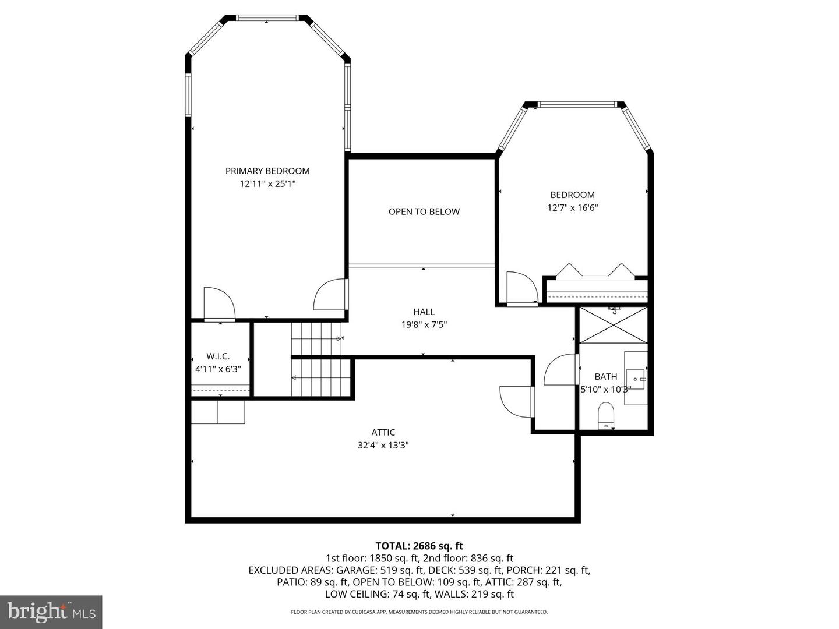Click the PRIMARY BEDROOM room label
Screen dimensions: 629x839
click(267, 171)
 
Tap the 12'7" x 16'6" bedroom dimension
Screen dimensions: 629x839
click(572, 207)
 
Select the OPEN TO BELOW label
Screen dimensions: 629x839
click(424, 211)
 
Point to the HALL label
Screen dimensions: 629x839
click(424, 312)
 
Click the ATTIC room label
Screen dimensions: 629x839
click(383, 432)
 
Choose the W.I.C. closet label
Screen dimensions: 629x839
click(218, 356)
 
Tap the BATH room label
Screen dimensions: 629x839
click(606, 376)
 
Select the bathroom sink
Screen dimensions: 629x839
click(636, 379)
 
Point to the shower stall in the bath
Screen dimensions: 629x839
click(613, 324)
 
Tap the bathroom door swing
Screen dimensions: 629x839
click(560, 370)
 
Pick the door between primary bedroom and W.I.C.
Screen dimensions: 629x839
click(219, 304)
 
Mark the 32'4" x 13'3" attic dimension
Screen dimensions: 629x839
click(383, 445)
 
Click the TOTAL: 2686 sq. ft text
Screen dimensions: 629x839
click(419, 546)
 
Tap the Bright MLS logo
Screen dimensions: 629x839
click(51, 612)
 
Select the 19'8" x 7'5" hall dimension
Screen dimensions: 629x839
click(424, 324)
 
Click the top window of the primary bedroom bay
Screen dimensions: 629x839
click(268, 18)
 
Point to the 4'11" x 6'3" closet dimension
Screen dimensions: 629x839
click(218, 369)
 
